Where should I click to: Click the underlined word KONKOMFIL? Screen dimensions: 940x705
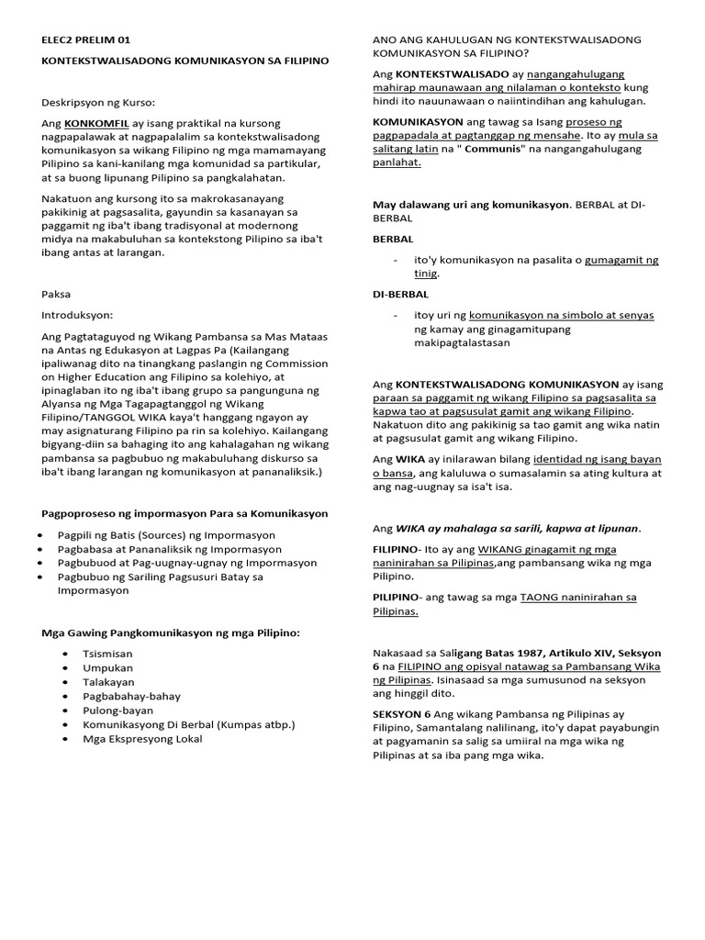(x=95, y=123)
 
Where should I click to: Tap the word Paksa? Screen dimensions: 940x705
(x=56, y=295)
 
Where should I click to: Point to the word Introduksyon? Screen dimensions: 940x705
(x=78, y=313)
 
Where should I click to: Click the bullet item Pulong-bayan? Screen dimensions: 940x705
(x=117, y=710)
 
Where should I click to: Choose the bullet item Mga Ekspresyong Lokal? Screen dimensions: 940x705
(x=142, y=739)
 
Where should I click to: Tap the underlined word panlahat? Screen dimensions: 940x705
(x=396, y=163)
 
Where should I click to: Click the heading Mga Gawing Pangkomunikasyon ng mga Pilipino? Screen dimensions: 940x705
(x=172, y=632)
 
